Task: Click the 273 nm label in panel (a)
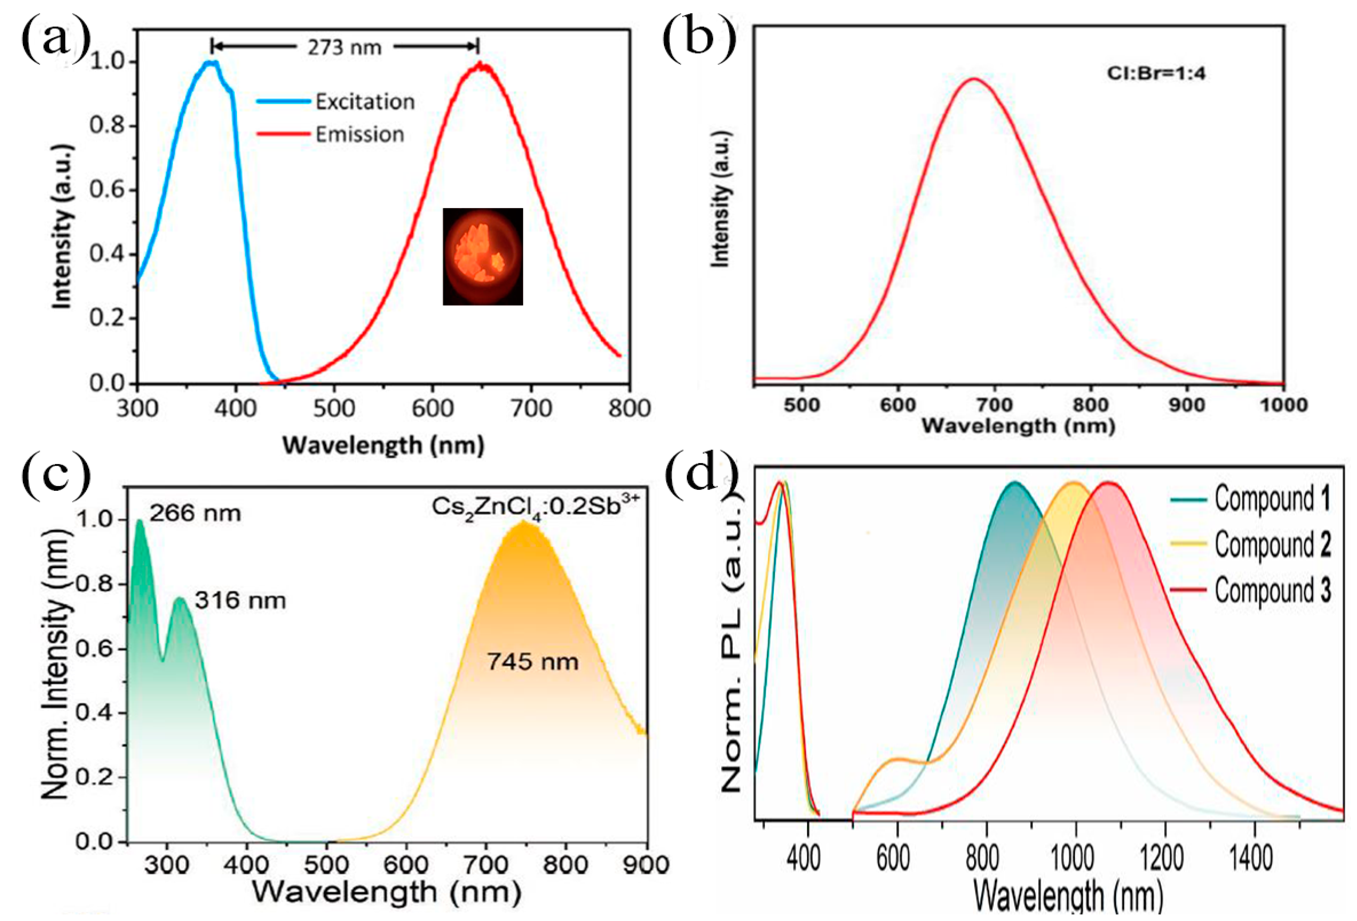tap(345, 47)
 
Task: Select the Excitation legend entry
tap(336, 102)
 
